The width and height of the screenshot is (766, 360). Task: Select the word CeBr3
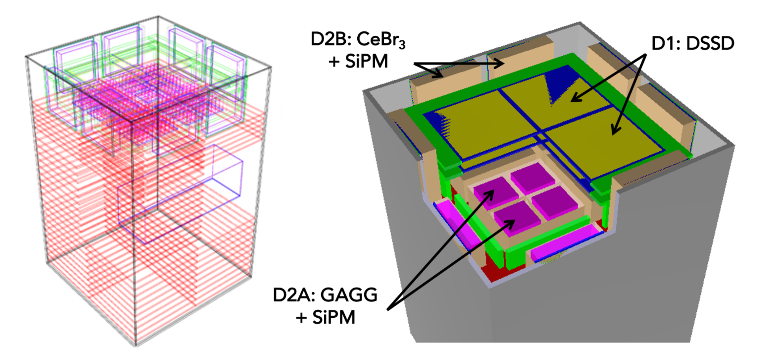pos(381,40)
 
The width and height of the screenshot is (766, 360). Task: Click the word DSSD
pos(710,43)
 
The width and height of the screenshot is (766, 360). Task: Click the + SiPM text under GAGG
pos(326,317)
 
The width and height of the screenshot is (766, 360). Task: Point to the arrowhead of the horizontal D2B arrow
pos(499,63)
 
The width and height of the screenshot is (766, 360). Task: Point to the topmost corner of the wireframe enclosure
pos(158,16)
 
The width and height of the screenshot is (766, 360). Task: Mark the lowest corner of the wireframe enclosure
pos(136,345)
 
